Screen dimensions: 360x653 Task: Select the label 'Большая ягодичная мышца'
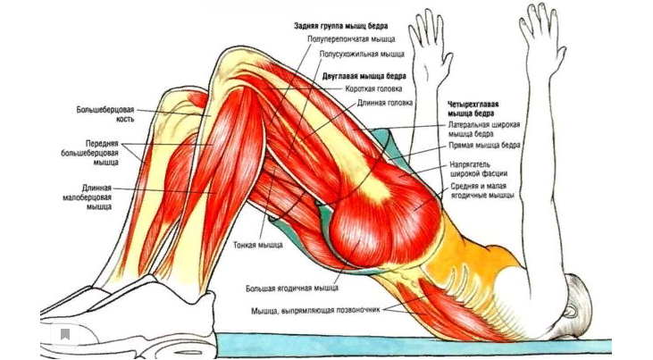[293, 289]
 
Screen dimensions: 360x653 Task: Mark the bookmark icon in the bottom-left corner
[65, 335]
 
